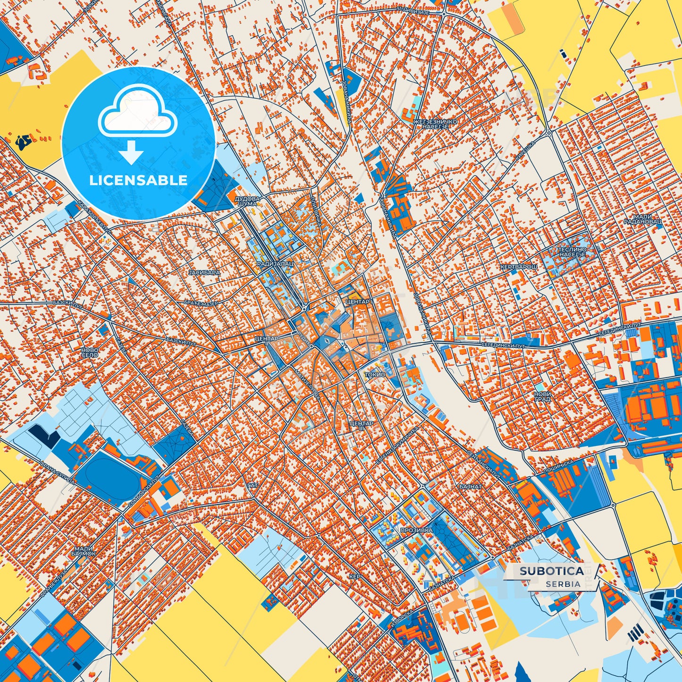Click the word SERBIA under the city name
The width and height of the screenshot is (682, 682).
563,584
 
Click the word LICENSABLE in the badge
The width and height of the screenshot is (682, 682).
138,180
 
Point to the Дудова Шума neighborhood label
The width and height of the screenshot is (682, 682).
247,202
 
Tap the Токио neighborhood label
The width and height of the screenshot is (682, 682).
375,374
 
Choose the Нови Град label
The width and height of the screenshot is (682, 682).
542,396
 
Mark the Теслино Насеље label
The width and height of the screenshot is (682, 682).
573,252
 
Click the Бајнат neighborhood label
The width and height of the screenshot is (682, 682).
470,486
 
